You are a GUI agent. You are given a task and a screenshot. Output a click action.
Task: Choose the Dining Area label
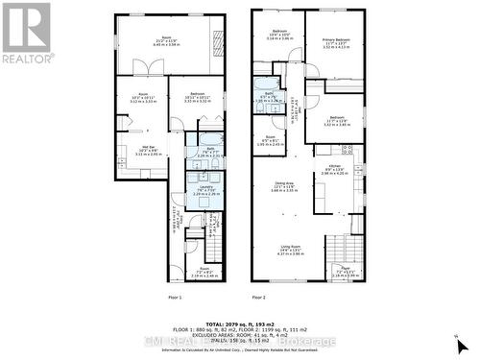click(x=284, y=186)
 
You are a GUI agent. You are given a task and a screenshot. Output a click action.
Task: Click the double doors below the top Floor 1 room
click(x=141, y=68)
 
